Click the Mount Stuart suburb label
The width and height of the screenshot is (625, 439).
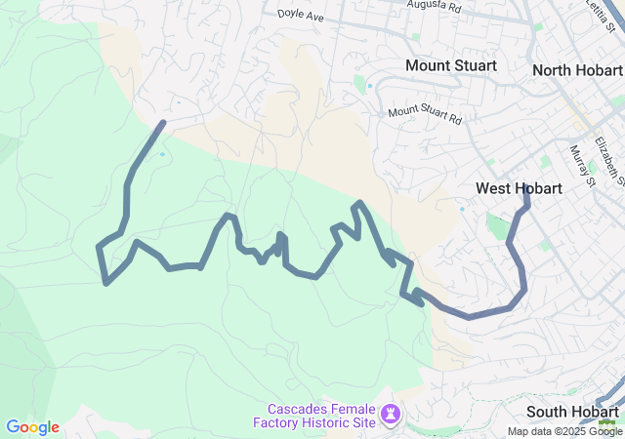451,65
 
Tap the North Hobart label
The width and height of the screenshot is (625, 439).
577,70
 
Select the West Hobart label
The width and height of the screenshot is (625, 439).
519,188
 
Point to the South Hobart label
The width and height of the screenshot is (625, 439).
573,412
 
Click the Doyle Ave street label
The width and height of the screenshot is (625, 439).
302,16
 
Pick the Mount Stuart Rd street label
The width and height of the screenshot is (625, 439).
425,113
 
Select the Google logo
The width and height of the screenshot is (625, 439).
33,427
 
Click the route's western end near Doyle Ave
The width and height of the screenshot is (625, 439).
162,123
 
